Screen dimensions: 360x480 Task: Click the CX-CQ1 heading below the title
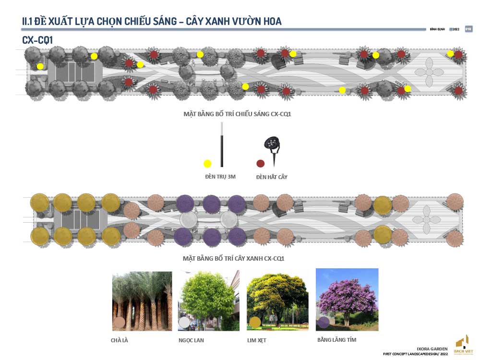coord(37,40)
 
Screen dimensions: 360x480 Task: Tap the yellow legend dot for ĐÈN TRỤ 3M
coord(207,163)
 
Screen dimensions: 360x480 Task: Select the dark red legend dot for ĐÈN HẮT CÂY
coord(261,163)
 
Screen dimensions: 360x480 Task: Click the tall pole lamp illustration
coord(222,144)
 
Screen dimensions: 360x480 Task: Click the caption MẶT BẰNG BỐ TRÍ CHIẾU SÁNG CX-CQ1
coord(238,114)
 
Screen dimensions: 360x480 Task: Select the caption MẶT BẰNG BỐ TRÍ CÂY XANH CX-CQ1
coord(234,258)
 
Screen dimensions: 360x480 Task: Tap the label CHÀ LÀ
coord(119,340)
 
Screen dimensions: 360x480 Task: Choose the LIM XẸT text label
coord(256,340)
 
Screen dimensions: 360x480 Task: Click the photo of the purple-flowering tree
coord(347,299)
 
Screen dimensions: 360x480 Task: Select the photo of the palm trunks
coord(142,301)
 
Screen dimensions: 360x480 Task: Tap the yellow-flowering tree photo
coord(277,301)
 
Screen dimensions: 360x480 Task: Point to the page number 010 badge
coord(468,29)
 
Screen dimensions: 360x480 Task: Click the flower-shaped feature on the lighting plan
coord(429,72)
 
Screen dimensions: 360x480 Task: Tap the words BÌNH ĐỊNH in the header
coord(437,29)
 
